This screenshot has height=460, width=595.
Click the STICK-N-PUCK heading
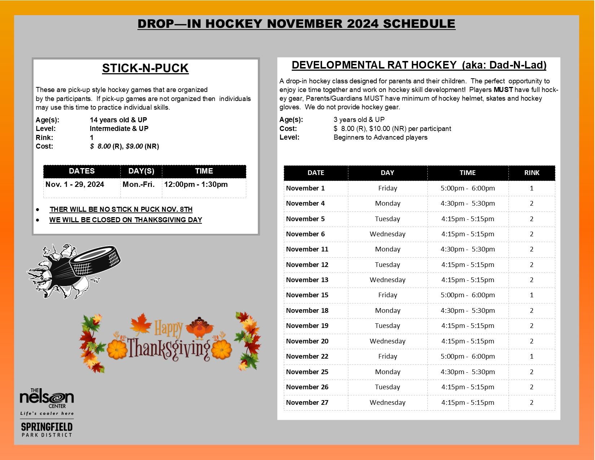click(145, 68)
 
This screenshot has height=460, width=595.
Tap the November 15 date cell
click(307, 295)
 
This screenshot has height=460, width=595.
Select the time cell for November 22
click(467, 356)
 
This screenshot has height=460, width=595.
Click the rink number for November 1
click(532, 188)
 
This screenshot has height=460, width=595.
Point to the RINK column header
click(532, 172)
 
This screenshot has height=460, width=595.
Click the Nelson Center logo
click(47, 399)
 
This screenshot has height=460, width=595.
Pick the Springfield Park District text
click(47, 429)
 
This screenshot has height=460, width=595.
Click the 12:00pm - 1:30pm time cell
click(196, 184)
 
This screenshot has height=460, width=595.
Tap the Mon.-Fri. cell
click(138, 184)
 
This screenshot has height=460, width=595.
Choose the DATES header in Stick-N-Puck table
click(82, 171)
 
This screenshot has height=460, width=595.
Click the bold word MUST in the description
click(503, 89)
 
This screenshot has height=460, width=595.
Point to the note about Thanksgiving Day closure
click(125, 220)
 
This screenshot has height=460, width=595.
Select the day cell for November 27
click(387, 402)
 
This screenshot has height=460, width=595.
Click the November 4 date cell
click(305, 203)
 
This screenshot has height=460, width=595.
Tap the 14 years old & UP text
click(118, 120)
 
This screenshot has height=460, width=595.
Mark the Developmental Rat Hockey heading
click(419, 65)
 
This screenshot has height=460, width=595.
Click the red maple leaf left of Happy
click(141, 323)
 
